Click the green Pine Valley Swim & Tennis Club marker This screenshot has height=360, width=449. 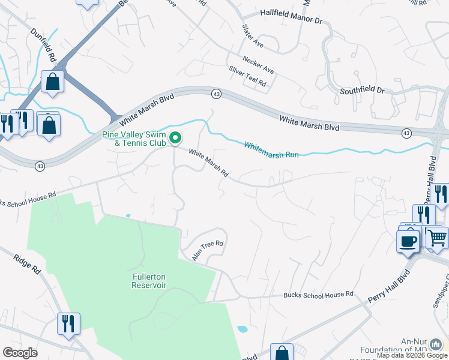[175, 139]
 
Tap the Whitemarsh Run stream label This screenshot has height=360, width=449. [271, 150]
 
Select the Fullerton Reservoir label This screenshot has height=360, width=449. [149, 281]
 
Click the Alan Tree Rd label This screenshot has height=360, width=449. [208, 250]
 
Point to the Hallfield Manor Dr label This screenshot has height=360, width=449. [291, 16]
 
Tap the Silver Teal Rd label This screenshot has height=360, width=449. [247, 77]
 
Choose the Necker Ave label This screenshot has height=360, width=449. [258, 65]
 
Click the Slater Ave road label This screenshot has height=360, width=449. [253, 37]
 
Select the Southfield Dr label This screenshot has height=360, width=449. [362, 90]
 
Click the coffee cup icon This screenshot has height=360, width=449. [408, 241]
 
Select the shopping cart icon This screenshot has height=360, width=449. [437, 236]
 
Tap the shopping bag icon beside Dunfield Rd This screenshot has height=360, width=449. [53, 82]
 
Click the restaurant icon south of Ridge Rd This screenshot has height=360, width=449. [68, 323]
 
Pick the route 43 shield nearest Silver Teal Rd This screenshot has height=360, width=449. [216, 94]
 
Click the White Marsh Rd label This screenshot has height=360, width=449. [208, 163]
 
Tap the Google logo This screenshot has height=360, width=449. [20, 353]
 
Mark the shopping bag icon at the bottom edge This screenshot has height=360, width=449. [282, 353]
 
